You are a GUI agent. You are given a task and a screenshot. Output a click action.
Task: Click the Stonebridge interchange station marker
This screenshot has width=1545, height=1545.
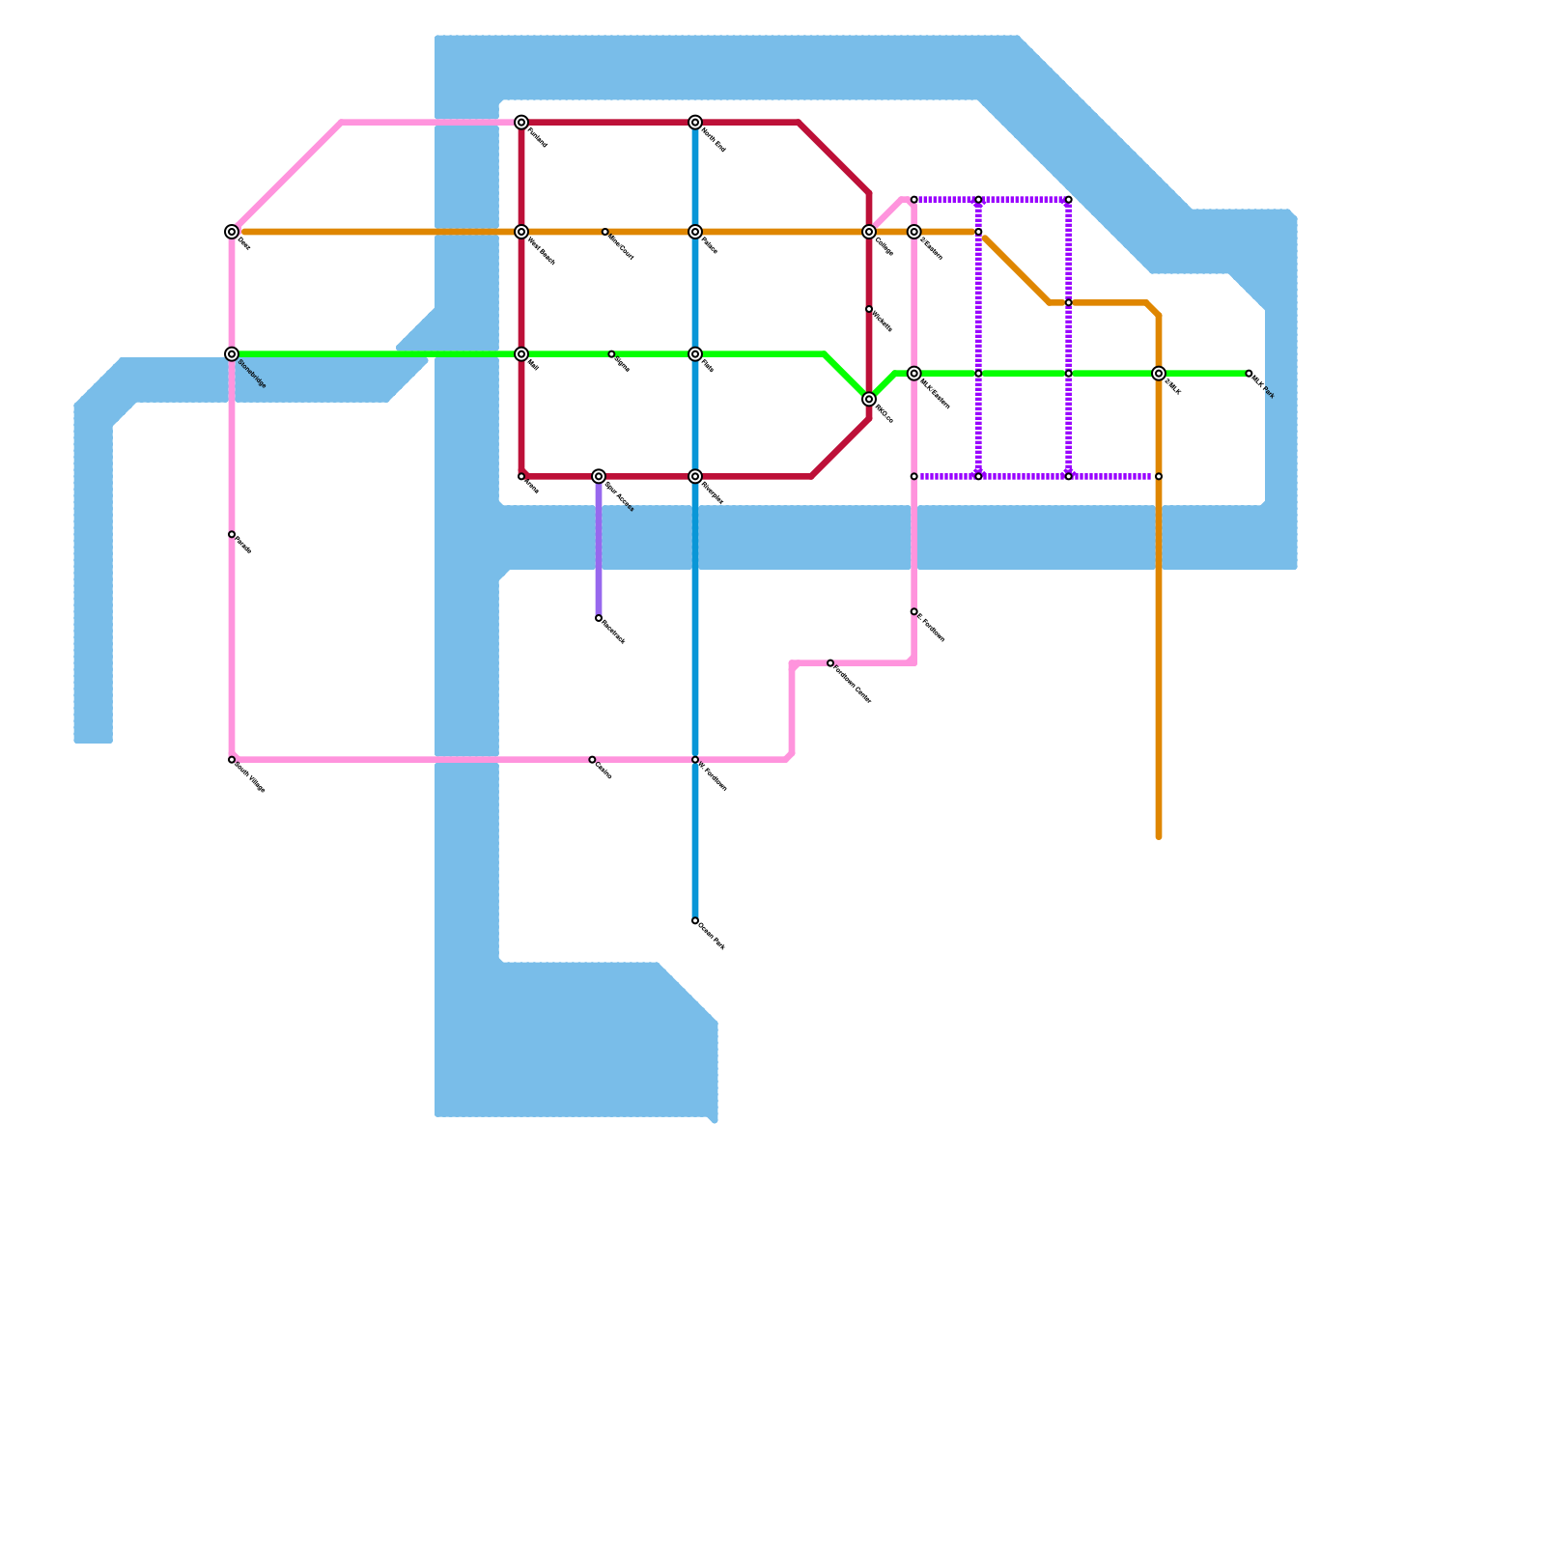[x=232, y=354]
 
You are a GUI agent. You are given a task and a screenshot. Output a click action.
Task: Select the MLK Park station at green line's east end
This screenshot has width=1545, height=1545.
[x=1249, y=374]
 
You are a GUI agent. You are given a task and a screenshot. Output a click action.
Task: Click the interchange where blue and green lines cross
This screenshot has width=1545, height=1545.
[x=695, y=354]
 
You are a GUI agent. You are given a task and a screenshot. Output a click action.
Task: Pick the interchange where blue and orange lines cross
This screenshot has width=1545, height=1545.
[x=695, y=232]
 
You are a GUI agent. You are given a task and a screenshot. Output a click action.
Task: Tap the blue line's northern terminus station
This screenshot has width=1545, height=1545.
[x=695, y=123]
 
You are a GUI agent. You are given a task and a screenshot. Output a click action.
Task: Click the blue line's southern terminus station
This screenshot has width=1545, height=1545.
[x=695, y=921]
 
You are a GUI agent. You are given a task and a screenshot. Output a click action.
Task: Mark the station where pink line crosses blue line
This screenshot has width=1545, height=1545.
[x=695, y=760]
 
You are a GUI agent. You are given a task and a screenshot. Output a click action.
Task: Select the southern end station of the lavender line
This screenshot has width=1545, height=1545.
[x=599, y=618]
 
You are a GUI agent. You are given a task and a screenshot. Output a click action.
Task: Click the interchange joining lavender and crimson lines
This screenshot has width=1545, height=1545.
[x=599, y=477]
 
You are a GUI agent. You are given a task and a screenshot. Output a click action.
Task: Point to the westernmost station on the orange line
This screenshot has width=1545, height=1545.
[x=232, y=232]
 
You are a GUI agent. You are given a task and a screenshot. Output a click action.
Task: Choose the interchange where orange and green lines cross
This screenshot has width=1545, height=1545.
[x=1159, y=374]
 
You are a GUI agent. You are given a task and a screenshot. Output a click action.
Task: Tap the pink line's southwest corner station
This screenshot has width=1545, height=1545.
[x=232, y=760]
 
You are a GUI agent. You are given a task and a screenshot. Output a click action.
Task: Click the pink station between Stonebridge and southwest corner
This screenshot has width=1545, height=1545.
[x=232, y=535]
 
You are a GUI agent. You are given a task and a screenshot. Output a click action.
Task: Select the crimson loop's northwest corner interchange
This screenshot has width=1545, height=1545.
[x=521, y=123]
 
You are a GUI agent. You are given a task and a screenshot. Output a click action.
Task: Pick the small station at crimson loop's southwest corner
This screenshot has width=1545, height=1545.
[x=521, y=477]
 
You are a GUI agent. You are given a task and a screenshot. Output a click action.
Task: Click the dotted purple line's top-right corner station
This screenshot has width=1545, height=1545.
[x=1069, y=200]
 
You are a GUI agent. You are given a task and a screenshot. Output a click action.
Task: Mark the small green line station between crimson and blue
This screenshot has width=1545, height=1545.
[x=611, y=354]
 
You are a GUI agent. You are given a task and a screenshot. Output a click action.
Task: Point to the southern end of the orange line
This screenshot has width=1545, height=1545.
[x=1159, y=836]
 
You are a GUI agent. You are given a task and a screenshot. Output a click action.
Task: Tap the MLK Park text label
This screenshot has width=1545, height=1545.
[x=1264, y=386]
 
